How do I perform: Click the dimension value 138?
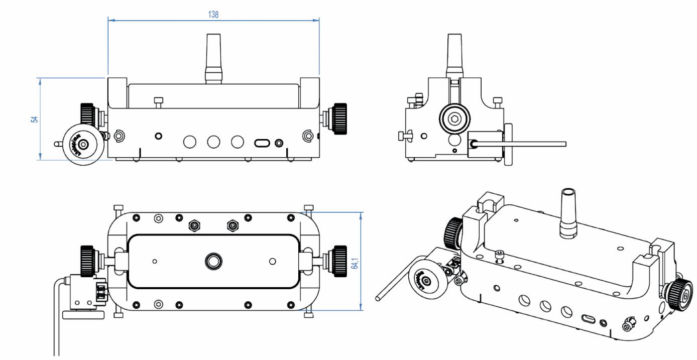213,15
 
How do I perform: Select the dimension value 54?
34,119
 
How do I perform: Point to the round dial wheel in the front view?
82,145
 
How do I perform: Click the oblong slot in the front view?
262,143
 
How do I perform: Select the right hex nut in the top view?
231,226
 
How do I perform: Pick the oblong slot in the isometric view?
587,318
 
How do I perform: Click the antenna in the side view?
454,54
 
